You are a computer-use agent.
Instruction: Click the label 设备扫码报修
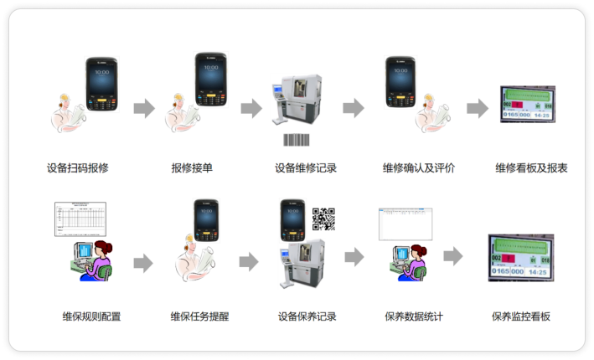pos(78,168)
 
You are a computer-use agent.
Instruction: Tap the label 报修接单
pos(192,168)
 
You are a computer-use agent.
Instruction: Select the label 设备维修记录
pos(306,168)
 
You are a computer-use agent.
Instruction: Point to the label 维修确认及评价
pos(419,168)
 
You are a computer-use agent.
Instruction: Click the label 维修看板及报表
pos(531,168)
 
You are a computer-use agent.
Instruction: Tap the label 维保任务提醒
pos(199,316)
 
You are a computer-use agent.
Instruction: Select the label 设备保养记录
pos(307,316)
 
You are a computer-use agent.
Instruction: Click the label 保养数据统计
pos(414,316)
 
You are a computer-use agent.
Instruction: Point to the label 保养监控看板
pos(521,316)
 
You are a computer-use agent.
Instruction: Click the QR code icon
pos(323,219)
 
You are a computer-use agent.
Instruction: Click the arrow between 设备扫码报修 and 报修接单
pos(145,107)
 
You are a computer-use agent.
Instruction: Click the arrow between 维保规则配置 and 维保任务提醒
pos(143,263)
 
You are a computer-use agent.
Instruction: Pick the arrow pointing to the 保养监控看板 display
pos(453,256)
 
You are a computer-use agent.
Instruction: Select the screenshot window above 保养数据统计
pos(405,224)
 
